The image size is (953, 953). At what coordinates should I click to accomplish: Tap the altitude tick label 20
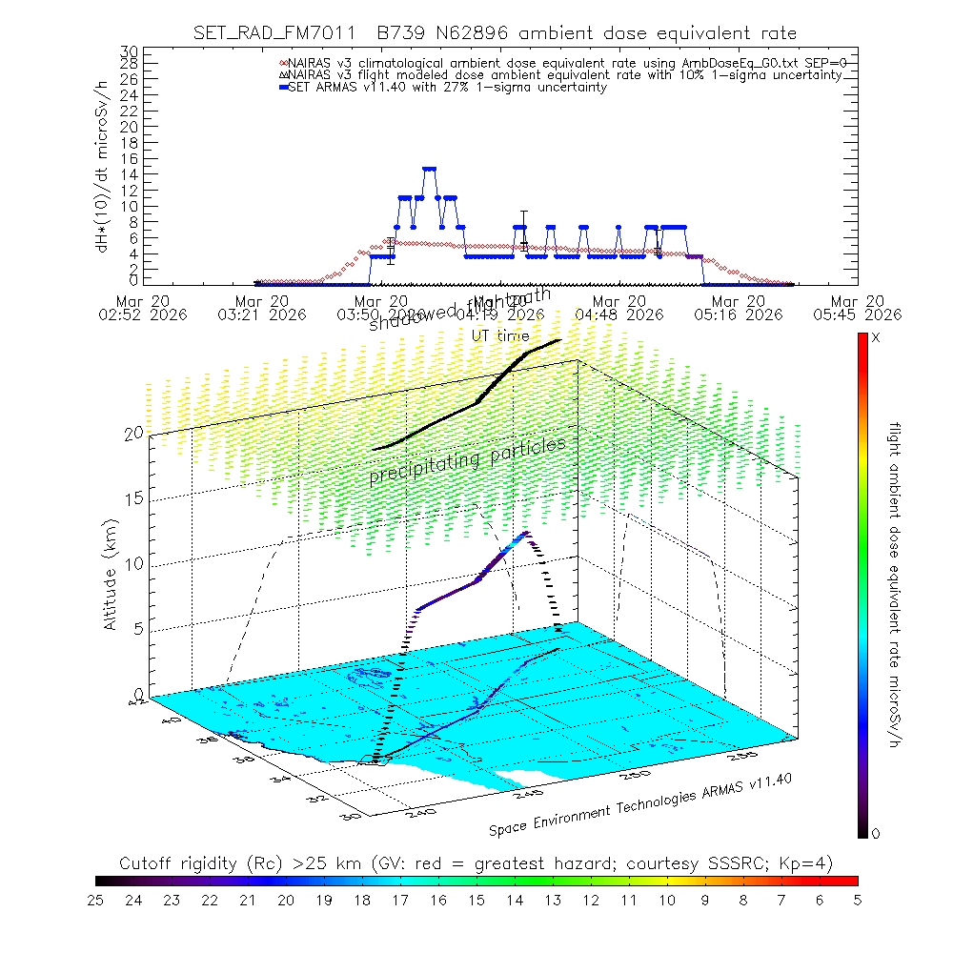(x=133, y=433)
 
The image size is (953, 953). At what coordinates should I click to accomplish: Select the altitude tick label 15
(x=133, y=498)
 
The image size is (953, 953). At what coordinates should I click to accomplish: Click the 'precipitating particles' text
(x=467, y=461)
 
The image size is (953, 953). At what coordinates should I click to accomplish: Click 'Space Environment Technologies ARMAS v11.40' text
(x=640, y=804)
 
